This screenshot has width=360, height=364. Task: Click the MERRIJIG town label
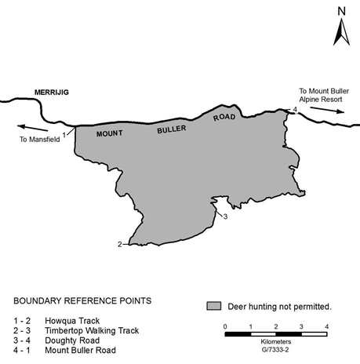click(52, 93)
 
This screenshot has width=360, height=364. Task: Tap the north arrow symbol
click(341, 32)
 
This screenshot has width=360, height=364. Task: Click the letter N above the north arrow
click(341, 12)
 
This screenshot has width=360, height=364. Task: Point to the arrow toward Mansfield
click(33, 128)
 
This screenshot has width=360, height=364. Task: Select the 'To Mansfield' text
click(40, 140)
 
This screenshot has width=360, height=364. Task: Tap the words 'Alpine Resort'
click(321, 100)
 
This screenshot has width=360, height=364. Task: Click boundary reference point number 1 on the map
click(64, 135)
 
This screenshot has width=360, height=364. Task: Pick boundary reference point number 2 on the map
click(120, 244)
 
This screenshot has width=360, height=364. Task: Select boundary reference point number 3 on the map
click(225, 217)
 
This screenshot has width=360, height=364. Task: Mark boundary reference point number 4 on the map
click(295, 110)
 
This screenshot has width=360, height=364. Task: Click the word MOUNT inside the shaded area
click(109, 133)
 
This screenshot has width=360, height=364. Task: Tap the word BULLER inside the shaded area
click(172, 129)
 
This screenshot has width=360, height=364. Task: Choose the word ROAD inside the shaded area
click(224, 118)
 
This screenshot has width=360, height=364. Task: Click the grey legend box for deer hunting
click(214, 306)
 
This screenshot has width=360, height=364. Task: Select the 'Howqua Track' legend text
click(72, 321)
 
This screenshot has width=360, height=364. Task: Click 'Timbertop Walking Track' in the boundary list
click(92, 330)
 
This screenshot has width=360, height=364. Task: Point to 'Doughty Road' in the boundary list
click(72, 340)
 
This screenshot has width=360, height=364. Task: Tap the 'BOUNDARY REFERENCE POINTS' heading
click(82, 300)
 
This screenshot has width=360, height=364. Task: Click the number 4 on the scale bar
click(326, 326)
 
